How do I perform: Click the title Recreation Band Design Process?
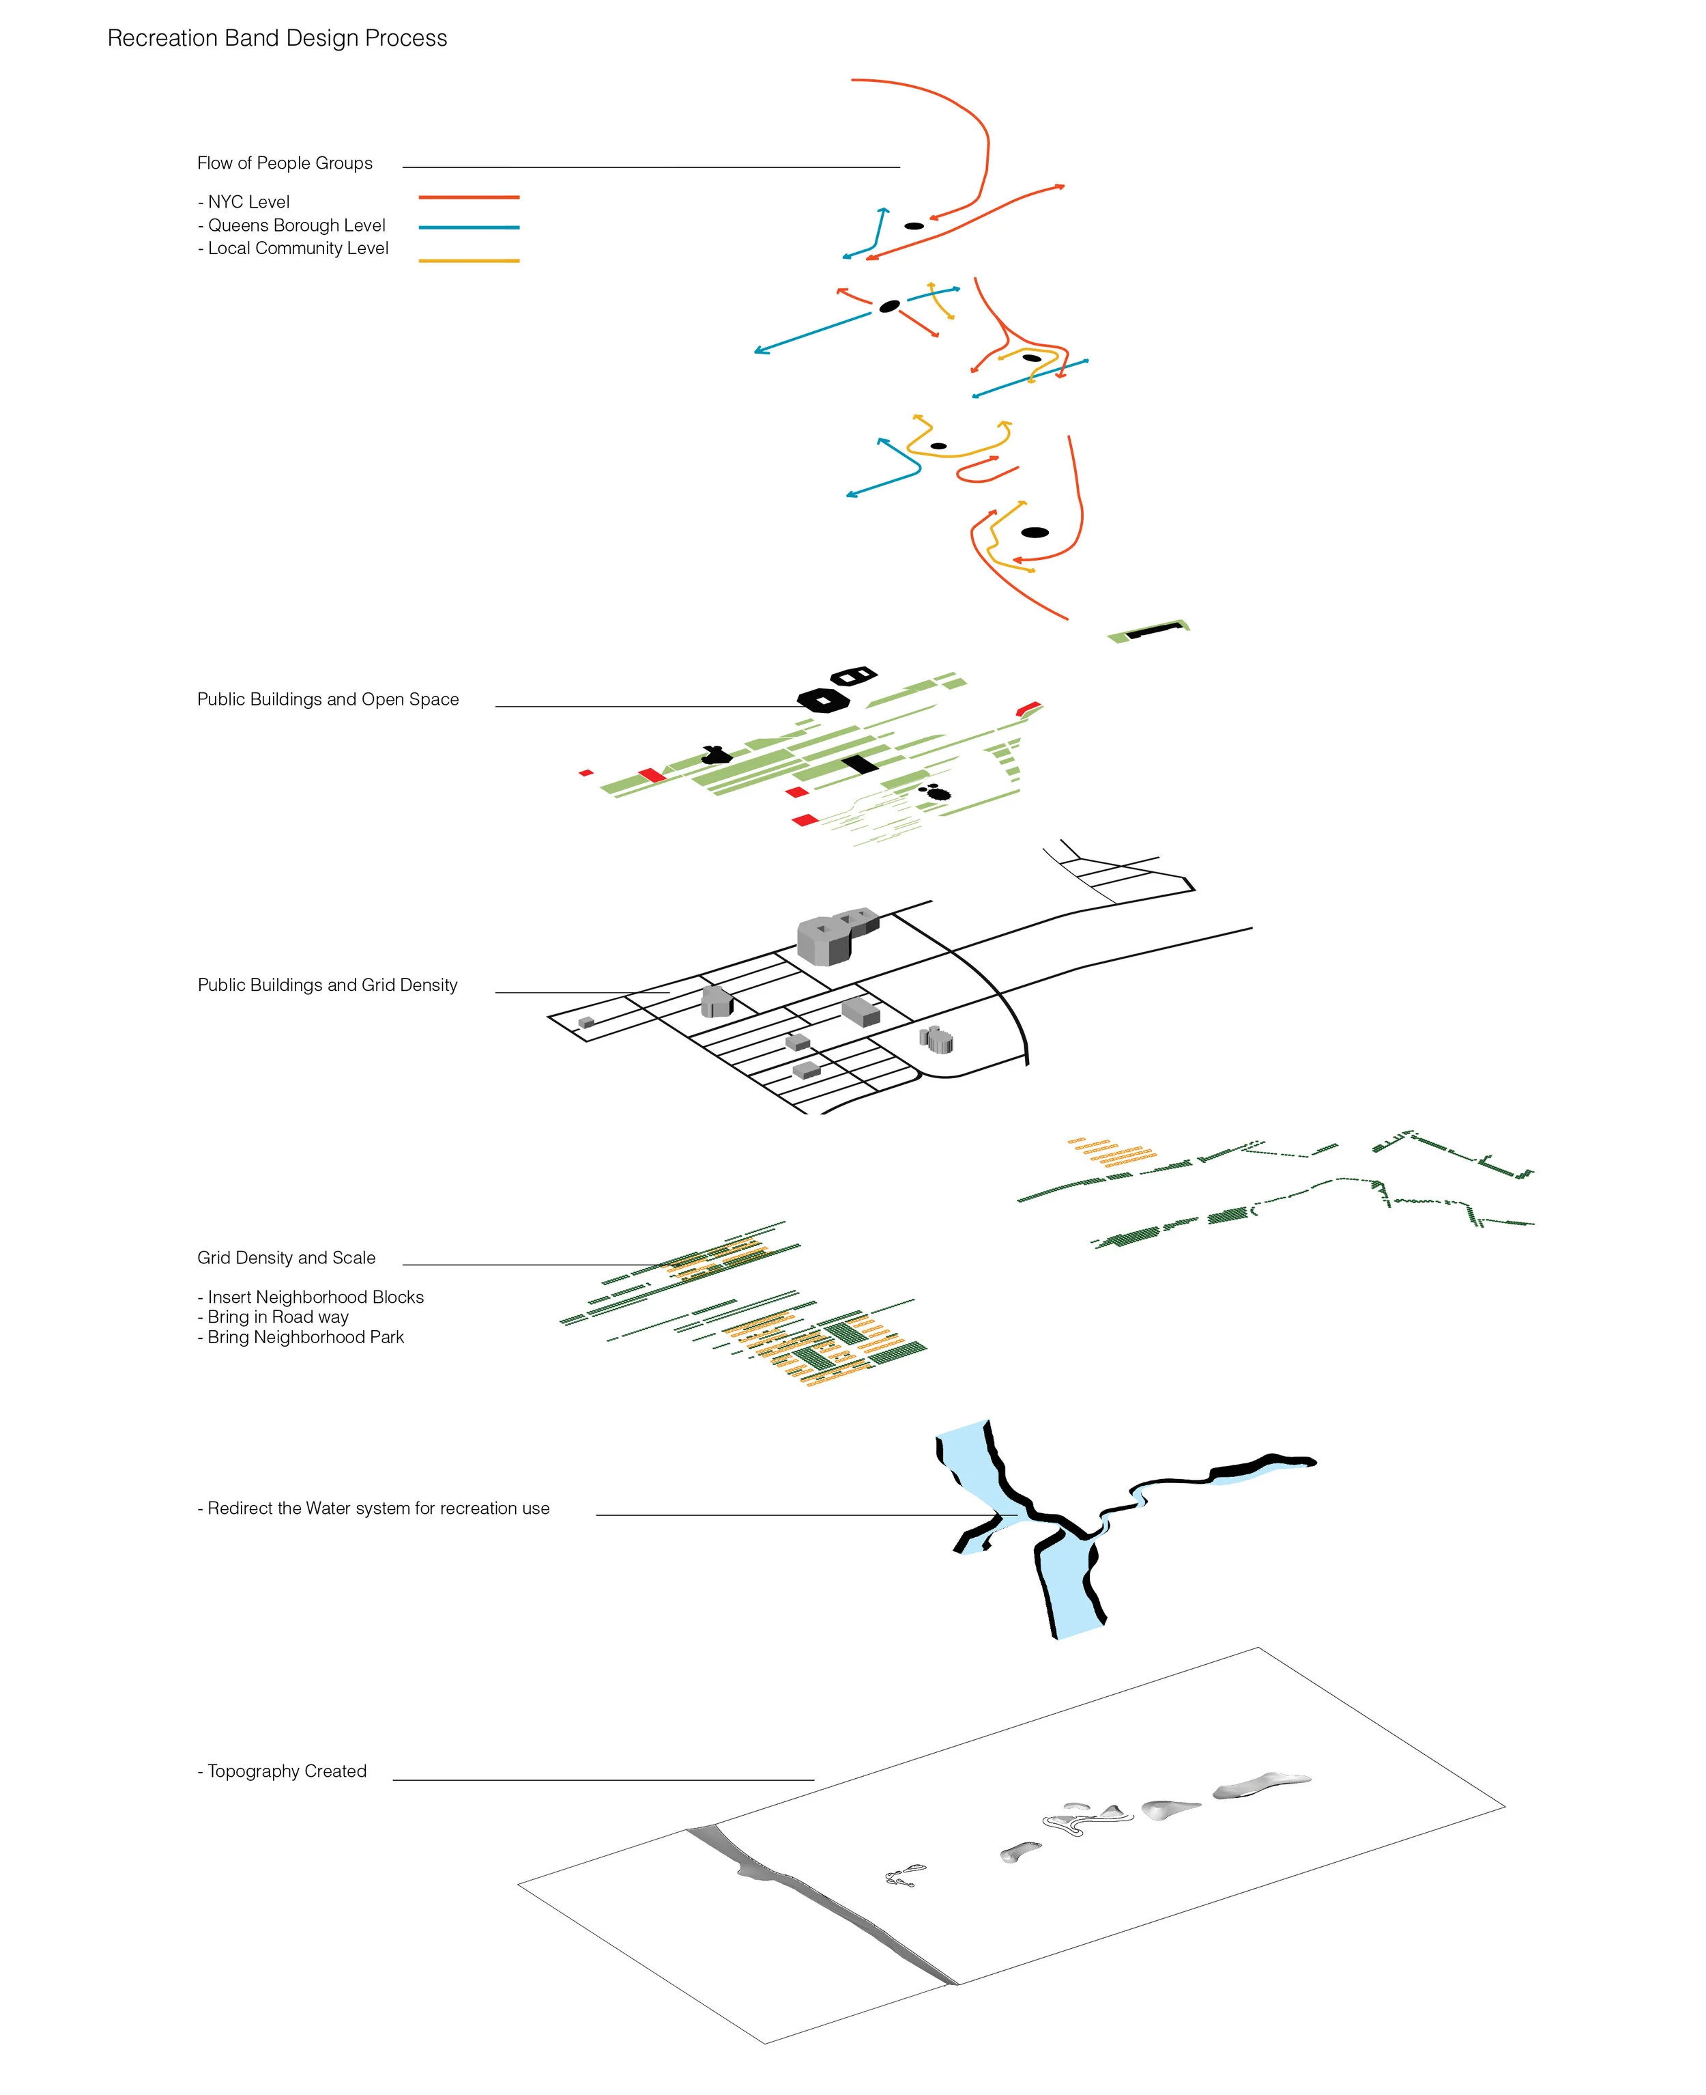pos(277,38)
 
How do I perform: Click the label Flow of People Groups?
pos(285,163)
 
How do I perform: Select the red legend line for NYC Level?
pos(469,197)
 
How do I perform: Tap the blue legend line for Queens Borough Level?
pos(469,227)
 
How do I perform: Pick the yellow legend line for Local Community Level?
pos(469,261)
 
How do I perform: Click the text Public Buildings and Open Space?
pos(328,699)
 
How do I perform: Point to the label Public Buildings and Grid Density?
pos(328,985)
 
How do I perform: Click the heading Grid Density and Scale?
pos(286,1257)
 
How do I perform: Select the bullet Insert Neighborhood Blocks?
pos(310,1297)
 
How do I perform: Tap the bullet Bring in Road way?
pos(273,1317)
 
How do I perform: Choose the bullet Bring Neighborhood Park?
pos(301,1337)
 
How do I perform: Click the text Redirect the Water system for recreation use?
pos(373,1508)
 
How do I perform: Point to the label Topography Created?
pos(282,1771)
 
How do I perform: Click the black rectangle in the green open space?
pos(859,764)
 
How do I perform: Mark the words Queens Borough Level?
pos(297,225)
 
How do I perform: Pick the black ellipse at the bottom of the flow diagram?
pos(1035,533)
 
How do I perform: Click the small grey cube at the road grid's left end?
pos(587,1022)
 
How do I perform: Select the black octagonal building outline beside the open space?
pos(824,700)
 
